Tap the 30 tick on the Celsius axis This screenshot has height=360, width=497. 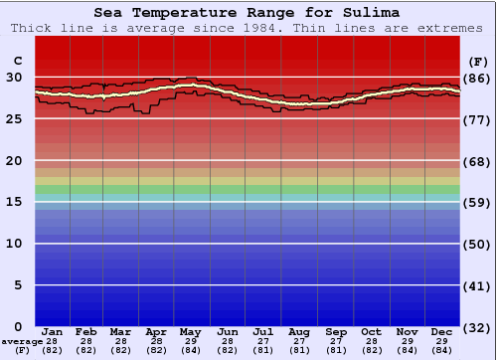[x=15, y=77]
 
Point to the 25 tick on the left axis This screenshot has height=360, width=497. [x=15, y=118]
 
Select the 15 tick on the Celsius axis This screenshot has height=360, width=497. [x=15, y=202]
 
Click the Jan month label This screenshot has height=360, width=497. [x=53, y=331]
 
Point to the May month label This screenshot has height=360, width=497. [x=191, y=331]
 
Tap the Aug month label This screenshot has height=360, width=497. [x=298, y=331]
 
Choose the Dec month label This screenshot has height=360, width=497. [x=441, y=331]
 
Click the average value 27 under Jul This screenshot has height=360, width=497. [x=262, y=341]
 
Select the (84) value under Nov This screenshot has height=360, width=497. [x=407, y=350]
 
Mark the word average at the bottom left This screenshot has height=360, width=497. [x=22, y=341]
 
